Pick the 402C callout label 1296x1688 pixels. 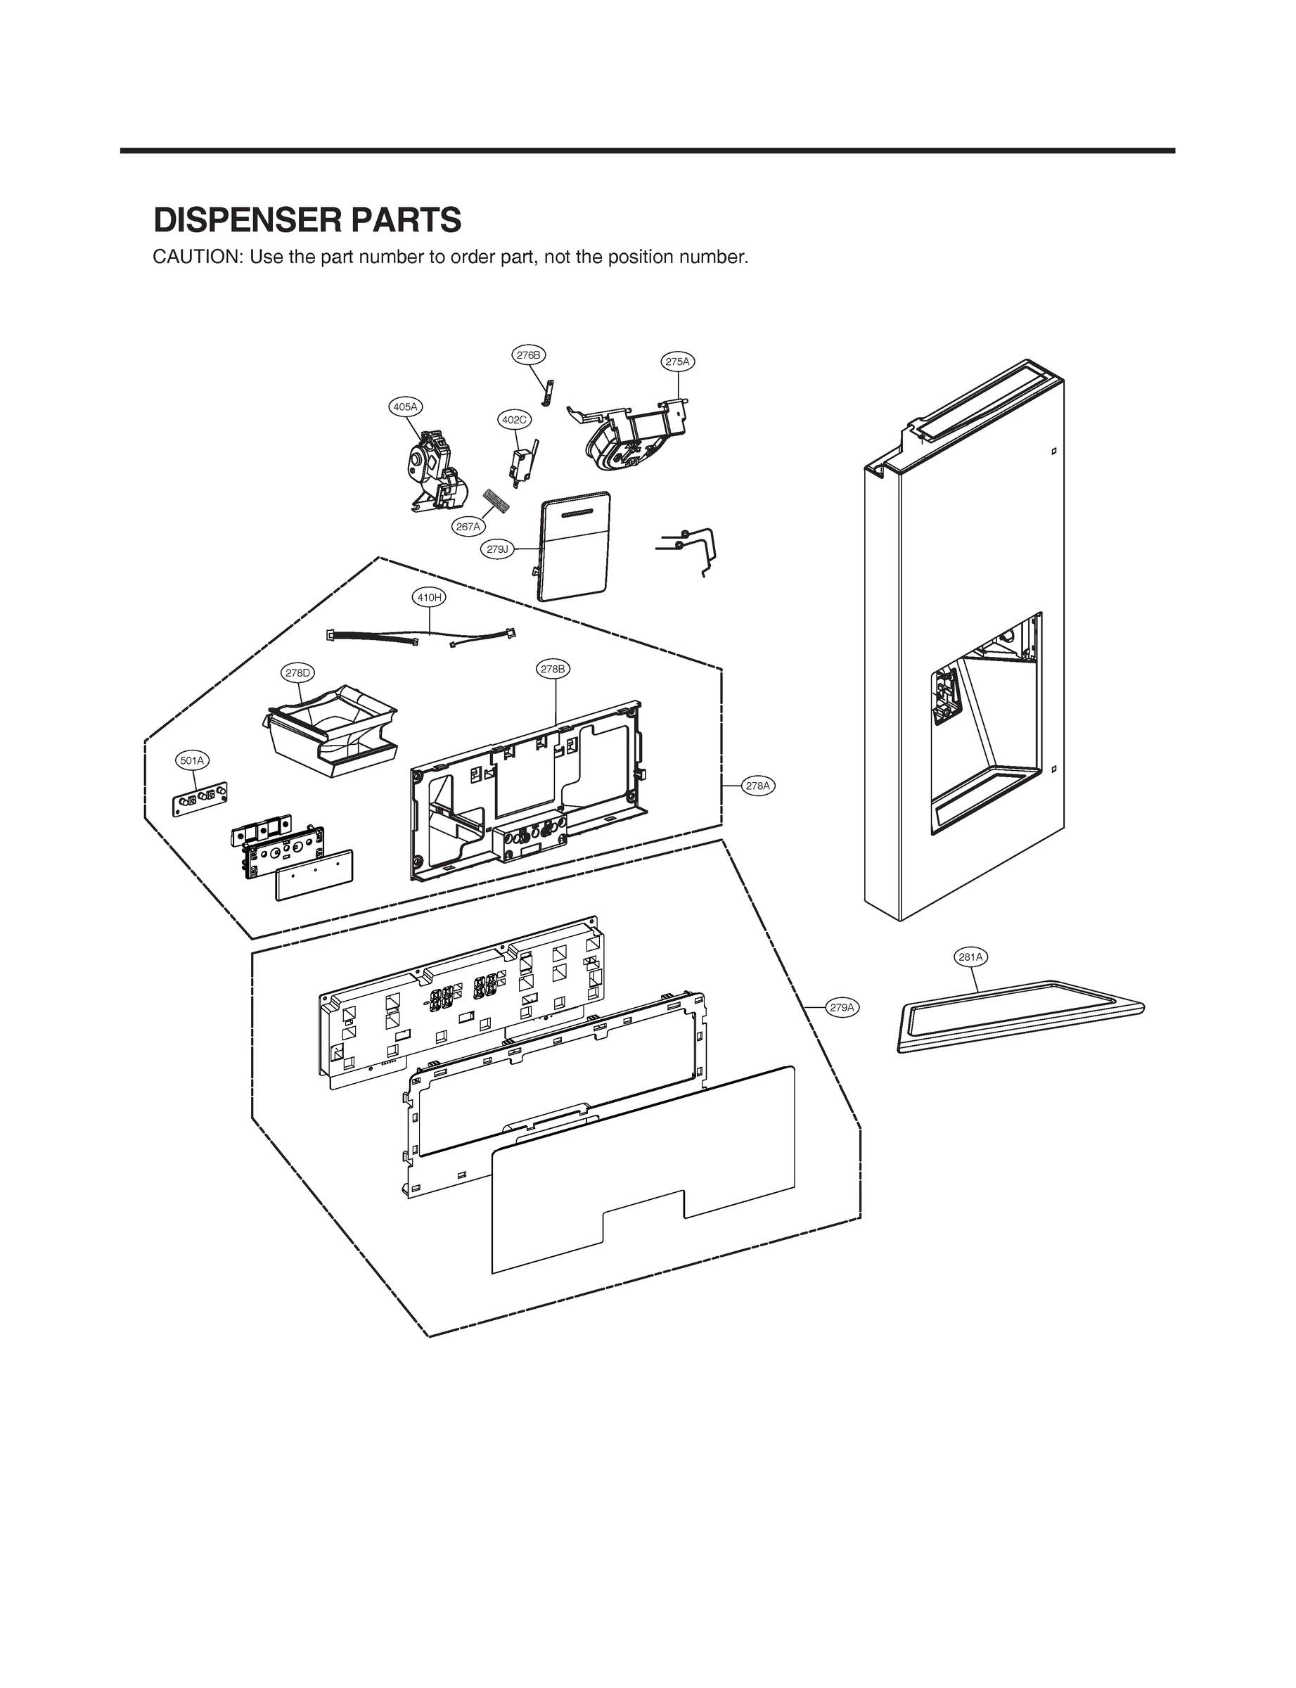coord(514,420)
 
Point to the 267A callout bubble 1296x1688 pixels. coord(468,527)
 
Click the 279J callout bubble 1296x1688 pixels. coord(499,549)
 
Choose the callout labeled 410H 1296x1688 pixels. coord(429,596)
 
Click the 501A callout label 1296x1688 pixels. coord(192,761)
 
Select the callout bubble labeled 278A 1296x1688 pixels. coord(757,786)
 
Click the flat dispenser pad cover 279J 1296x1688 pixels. coord(576,548)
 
